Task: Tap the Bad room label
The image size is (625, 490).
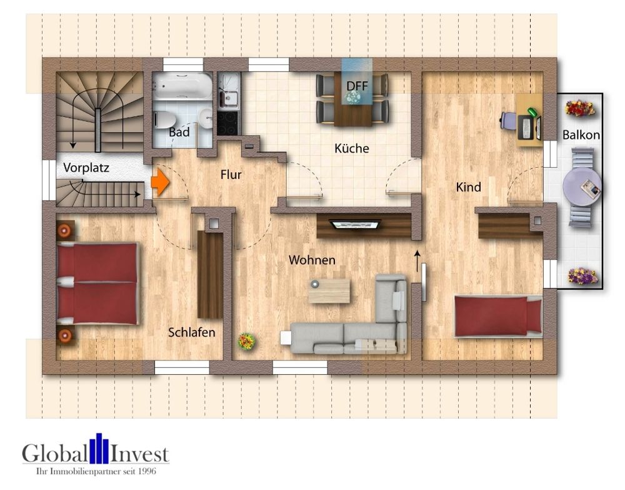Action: [x=179, y=133]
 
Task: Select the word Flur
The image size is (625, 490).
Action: [x=231, y=175]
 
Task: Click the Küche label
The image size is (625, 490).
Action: [x=352, y=149]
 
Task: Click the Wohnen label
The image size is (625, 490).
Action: [x=312, y=260]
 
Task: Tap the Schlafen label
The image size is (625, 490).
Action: [x=191, y=332]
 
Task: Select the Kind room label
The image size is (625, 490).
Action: [x=468, y=187]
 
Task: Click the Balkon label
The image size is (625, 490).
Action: [x=581, y=135]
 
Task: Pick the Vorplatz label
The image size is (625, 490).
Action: [x=86, y=168]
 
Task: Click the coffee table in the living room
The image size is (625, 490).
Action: [x=329, y=291]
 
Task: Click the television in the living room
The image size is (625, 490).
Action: [x=354, y=223]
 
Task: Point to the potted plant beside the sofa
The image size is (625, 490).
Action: [x=246, y=341]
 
